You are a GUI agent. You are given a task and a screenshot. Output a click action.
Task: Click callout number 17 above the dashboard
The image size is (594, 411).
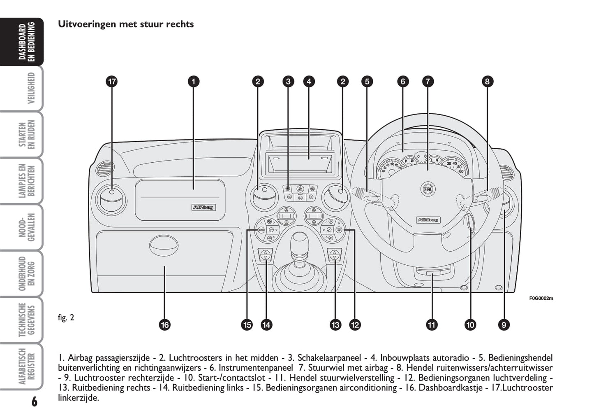pos(112,82)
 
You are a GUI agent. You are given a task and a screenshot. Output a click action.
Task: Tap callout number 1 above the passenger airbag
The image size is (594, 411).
pos(194,82)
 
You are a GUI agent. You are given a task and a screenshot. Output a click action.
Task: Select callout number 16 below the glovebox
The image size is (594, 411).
pos(165,325)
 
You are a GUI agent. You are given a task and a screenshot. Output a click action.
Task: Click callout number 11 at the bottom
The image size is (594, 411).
pos(432,325)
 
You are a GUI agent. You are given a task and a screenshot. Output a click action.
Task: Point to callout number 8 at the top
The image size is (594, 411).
pos(487,82)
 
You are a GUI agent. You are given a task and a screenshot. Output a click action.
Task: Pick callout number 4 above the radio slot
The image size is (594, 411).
pos(309,82)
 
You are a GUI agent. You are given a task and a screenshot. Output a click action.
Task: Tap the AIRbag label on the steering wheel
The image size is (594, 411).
pos(428,220)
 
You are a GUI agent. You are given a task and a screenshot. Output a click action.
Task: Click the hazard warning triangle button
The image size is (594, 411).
pos(300,189)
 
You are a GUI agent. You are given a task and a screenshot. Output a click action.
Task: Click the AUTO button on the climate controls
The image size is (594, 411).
pos(261,229)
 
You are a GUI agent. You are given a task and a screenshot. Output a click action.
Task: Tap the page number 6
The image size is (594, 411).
pos(34,401)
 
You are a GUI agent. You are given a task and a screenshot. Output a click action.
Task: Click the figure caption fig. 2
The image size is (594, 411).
pos(66,318)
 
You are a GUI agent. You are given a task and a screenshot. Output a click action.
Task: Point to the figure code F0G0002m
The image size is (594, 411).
pos(541,298)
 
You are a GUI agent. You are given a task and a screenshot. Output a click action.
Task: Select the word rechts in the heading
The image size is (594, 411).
pos(180,24)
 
